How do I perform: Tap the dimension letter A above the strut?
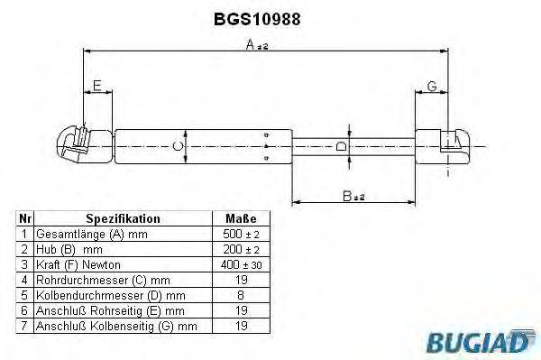(251, 51)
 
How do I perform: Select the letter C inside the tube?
(178, 144)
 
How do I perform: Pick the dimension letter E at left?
(96, 87)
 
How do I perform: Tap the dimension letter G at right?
(432, 87)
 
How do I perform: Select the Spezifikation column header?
(123, 219)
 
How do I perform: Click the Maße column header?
(240, 219)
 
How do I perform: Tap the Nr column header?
(25, 219)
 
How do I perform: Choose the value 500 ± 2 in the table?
(240, 235)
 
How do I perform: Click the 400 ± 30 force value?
(240, 265)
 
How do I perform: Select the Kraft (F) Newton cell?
(72, 265)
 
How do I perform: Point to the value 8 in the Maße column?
(240, 295)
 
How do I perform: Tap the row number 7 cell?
(25, 326)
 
